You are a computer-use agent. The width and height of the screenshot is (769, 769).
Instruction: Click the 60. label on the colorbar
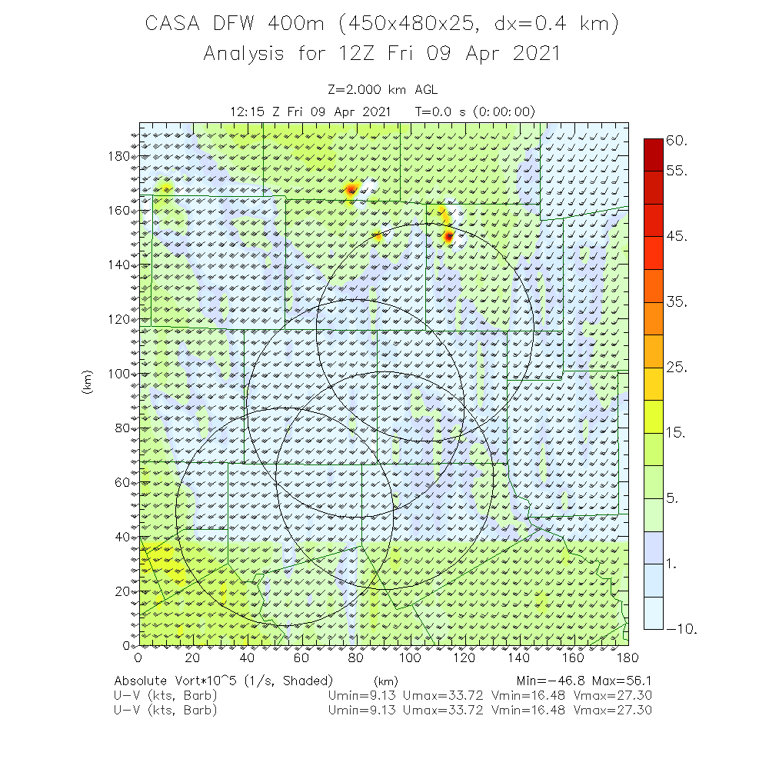tap(677, 141)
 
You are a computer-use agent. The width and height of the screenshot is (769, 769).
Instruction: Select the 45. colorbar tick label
tap(677, 236)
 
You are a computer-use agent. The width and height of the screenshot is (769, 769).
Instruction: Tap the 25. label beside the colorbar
tap(677, 368)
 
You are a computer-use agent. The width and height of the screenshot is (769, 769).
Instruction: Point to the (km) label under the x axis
tap(384, 681)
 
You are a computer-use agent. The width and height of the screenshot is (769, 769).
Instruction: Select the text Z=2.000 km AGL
tap(383, 89)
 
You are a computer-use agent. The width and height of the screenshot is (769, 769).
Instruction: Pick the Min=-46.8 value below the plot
tap(553, 681)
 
